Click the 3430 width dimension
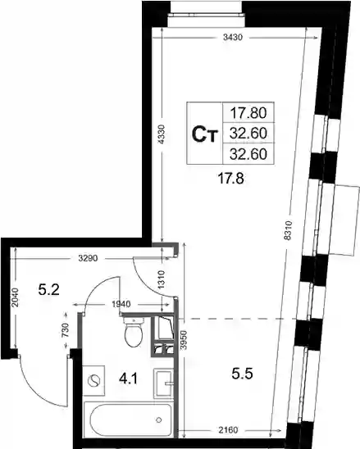click(x=233, y=37)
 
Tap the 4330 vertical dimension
click(x=162, y=134)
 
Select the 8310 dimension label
click(x=289, y=230)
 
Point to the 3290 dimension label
click(x=88, y=258)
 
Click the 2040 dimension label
click(x=16, y=297)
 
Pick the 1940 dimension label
click(x=121, y=304)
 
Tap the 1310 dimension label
click(x=162, y=279)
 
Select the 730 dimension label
click(x=66, y=330)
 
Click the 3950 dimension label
click(x=184, y=340)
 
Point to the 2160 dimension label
click(x=228, y=430)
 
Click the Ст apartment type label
click(x=205, y=134)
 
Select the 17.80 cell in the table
click(x=248, y=113)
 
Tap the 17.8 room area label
click(x=230, y=179)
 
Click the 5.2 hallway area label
click(x=49, y=290)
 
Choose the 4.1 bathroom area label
click(x=128, y=379)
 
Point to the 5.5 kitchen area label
click(x=242, y=374)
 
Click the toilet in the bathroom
click(x=134, y=332)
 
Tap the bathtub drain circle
click(x=159, y=420)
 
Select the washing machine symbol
click(x=93, y=380)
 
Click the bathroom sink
click(x=163, y=383)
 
